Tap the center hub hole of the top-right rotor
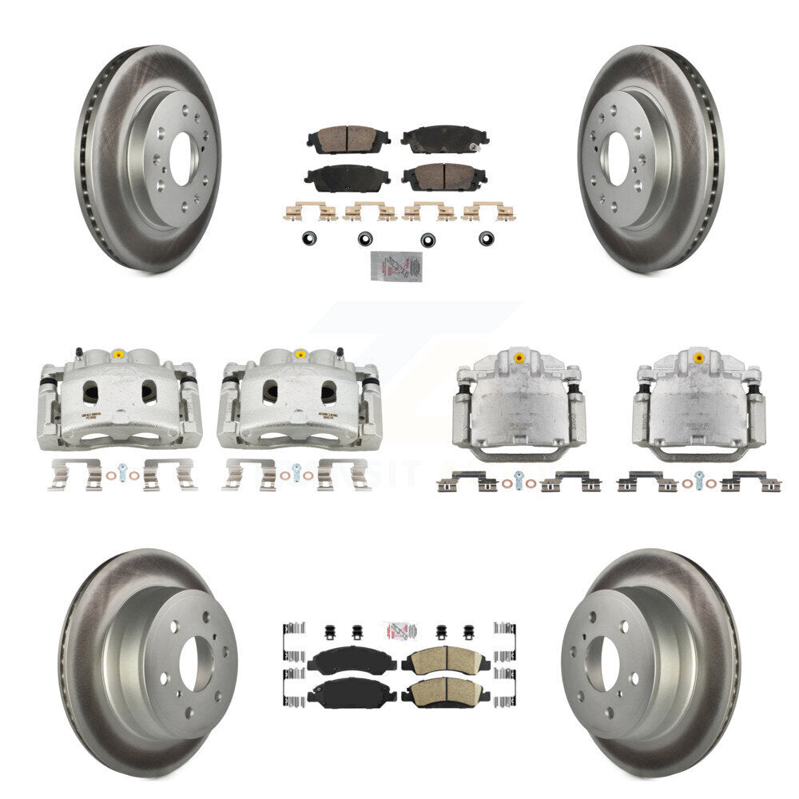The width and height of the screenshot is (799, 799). tap(614, 157)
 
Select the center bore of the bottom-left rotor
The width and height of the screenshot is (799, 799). tap(196, 664)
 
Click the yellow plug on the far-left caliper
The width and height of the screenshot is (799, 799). tap(119, 353)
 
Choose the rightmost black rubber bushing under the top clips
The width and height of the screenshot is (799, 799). tap(485, 237)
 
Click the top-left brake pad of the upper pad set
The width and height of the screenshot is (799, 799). tap(347, 139)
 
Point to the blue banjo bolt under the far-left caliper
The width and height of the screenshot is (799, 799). tap(121, 471)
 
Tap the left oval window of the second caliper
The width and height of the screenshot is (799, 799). tap(271, 391)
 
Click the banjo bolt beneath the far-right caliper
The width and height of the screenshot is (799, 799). tap(700, 479)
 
